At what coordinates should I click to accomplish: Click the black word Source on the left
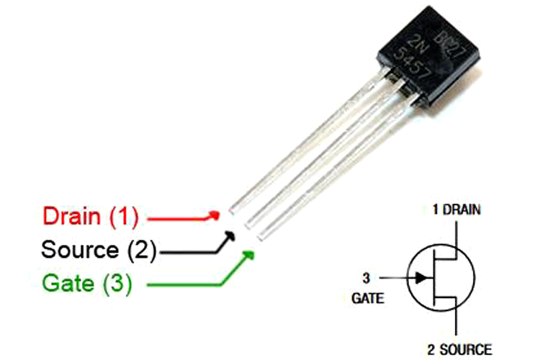(79, 250)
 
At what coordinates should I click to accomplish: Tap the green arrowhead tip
(251, 253)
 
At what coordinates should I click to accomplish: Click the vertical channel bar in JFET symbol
(434, 276)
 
